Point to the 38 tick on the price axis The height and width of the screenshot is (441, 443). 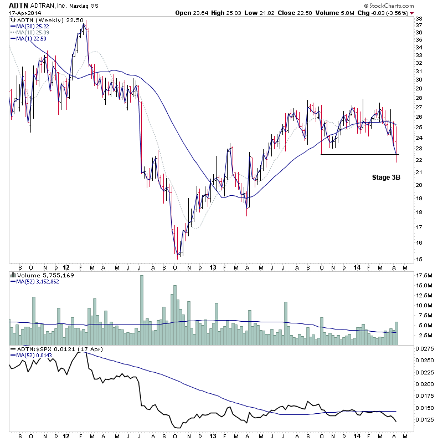tap(419, 18)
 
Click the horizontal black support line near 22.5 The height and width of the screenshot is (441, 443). tap(360, 154)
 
